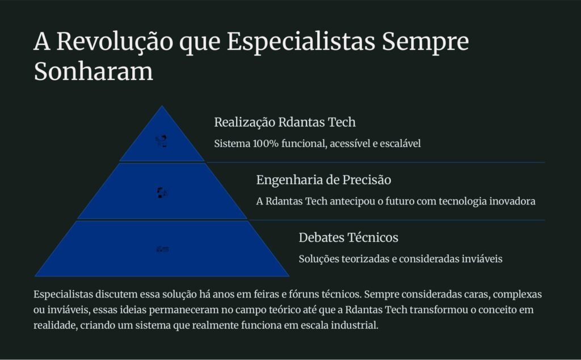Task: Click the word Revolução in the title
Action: coord(115,41)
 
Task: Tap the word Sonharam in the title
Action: coord(94,72)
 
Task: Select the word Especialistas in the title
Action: coord(301,42)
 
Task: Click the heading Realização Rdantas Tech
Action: coord(285,122)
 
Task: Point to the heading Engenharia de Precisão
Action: coord(323,180)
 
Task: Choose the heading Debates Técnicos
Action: coord(348,237)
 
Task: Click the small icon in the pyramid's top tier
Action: coord(162,141)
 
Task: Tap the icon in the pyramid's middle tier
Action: coord(162,192)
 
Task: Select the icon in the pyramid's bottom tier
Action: coord(162,249)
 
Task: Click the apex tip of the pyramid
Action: coord(162,106)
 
